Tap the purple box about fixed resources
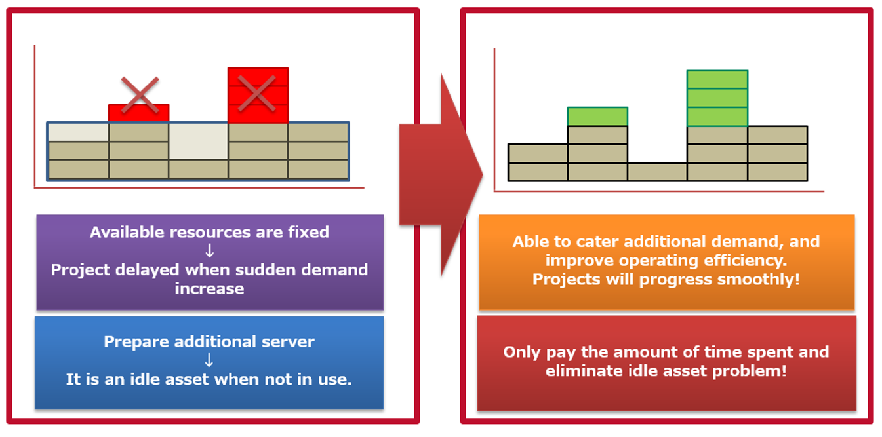pos(210,262)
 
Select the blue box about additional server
pos(210,363)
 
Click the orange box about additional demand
pos(666,261)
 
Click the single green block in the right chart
pos(597,117)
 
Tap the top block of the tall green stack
pos(717,79)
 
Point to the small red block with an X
pos(139,113)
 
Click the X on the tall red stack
pos(256,93)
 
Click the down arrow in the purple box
pos(209,251)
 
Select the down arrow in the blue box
pos(209,360)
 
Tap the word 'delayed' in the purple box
pos(141,270)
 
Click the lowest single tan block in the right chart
pos(657,172)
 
